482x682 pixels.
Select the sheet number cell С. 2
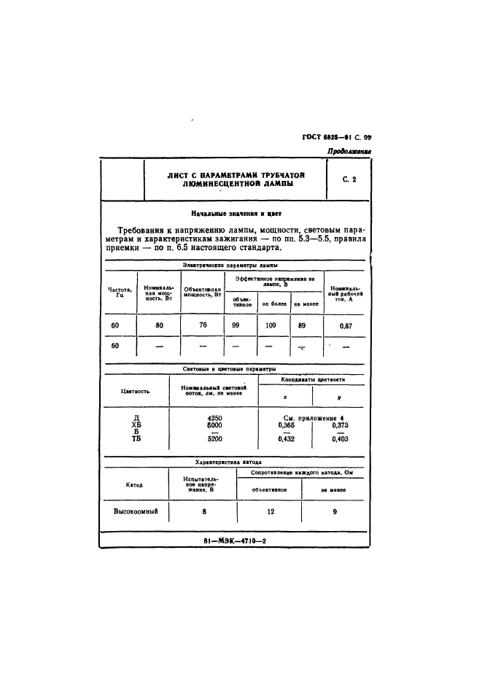348,180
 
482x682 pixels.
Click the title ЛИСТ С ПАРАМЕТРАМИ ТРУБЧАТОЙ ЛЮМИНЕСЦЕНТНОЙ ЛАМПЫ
235,180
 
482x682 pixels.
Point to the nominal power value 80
159,326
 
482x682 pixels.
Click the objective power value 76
203,326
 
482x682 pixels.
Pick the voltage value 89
302,326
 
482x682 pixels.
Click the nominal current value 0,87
346,327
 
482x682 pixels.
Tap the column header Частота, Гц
118,293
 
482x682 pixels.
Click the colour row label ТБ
136,439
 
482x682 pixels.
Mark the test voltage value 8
203,512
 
